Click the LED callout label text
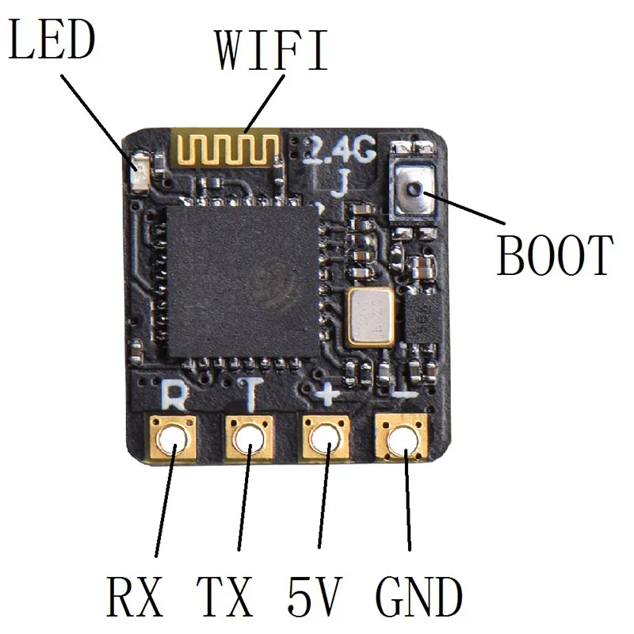(x=52, y=40)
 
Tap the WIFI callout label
(x=271, y=50)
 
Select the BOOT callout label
(x=555, y=255)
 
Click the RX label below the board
(x=135, y=597)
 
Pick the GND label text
(x=419, y=597)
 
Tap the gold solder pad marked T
(x=249, y=438)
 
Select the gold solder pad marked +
(x=326, y=438)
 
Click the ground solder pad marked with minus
(x=402, y=438)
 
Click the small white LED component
(x=141, y=171)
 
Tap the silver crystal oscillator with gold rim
(x=370, y=317)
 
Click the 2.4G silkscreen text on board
(x=340, y=149)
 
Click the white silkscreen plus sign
(x=327, y=393)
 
